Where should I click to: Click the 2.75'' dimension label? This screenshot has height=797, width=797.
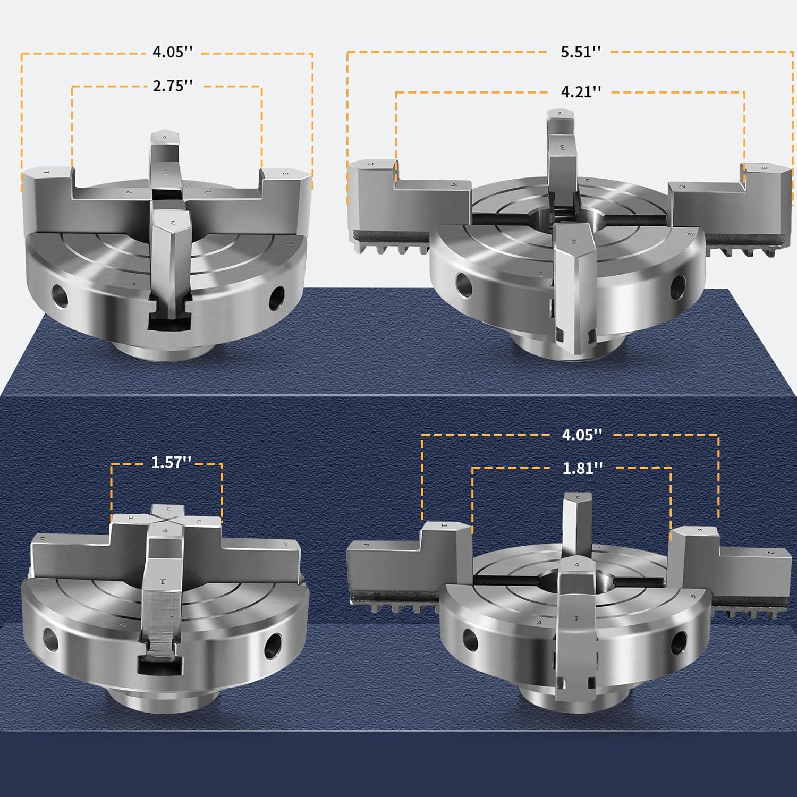pyautogui.click(x=173, y=86)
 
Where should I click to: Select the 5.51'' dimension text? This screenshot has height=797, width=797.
pyautogui.click(x=581, y=52)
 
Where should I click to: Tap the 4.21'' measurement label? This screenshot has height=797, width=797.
pyautogui.click(x=581, y=91)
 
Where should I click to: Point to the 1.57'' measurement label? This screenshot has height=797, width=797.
pyautogui.click(x=171, y=462)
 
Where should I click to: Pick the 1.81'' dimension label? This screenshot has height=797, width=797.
pyautogui.click(x=582, y=468)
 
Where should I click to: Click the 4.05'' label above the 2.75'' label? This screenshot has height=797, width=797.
pyautogui.click(x=173, y=52)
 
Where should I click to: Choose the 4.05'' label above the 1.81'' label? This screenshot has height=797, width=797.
pyautogui.click(x=582, y=435)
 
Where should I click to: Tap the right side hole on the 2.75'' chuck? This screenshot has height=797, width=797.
pyautogui.click(x=277, y=298)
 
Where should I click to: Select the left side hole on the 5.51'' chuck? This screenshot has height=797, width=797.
pyautogui.click(x=464, y=284)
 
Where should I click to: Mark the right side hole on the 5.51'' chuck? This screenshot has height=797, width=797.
pyautogui.click(x=677, y=287)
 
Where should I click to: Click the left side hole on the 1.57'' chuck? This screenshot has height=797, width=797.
pyautogui.click(x=50, y=638)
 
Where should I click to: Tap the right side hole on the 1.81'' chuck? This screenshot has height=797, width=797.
pyautogui.click(x=678, y=643)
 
